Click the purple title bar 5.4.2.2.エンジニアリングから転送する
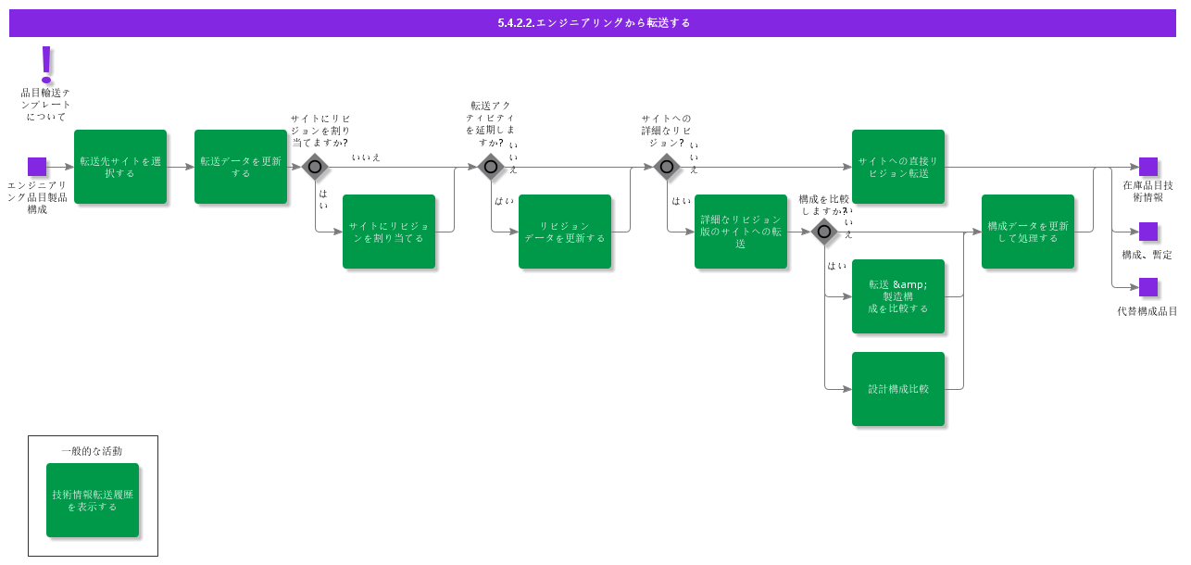593,23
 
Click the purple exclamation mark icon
46,64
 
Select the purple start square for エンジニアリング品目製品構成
37,167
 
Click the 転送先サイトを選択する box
120,167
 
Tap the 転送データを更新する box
241,167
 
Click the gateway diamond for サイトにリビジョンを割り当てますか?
315,167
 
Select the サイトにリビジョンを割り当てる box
389,232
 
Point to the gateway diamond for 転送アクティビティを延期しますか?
491,167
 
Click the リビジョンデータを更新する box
565,232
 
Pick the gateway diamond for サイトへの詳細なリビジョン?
667,167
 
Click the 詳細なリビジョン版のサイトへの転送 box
741,232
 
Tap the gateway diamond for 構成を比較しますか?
824,232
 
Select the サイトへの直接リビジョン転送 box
898,167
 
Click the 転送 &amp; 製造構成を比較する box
898,296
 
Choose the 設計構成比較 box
898,389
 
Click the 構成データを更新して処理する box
1028,232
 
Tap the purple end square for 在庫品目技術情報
1148,167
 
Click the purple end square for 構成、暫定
1148,232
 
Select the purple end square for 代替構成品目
1148,287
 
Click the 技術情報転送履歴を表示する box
93,500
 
